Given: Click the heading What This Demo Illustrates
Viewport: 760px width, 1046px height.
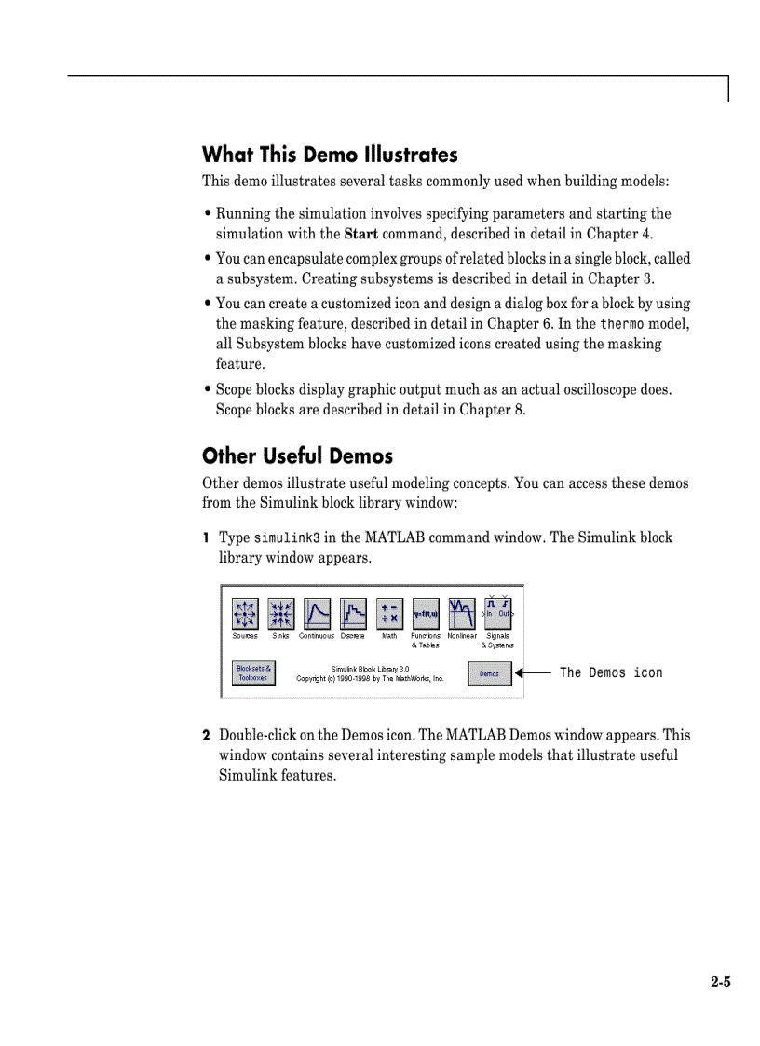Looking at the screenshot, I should point(330,155).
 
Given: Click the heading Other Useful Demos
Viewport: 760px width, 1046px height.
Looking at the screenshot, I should point(297,456).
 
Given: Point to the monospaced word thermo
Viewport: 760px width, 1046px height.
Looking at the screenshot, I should point(621,324).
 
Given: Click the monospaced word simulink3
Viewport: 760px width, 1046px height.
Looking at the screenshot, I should point(287,538).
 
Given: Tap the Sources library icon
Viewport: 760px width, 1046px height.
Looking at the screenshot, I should point(245,613).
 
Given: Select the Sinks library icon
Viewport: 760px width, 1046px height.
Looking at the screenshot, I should point(280,613).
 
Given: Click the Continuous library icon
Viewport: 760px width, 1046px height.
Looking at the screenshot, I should point(317,613).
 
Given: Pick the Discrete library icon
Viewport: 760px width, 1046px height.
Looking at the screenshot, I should point(353,613).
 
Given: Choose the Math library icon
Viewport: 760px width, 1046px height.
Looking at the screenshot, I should point(389,613).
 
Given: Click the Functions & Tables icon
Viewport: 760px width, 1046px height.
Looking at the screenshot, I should point(426,613).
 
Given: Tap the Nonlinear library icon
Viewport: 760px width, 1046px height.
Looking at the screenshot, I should point(462,613).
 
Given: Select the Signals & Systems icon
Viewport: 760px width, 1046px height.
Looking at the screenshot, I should point(498,613).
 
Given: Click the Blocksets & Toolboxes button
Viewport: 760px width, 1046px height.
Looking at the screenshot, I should point(252,673).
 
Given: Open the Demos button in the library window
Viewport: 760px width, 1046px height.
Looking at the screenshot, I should point(489,673).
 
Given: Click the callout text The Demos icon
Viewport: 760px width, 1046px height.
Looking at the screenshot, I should point(611,672).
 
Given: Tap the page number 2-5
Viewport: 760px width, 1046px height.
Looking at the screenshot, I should point(720,982).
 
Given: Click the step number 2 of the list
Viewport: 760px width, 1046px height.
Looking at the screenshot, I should point(206,736).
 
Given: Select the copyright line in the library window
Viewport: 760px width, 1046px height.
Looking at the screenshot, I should point(370,679).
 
